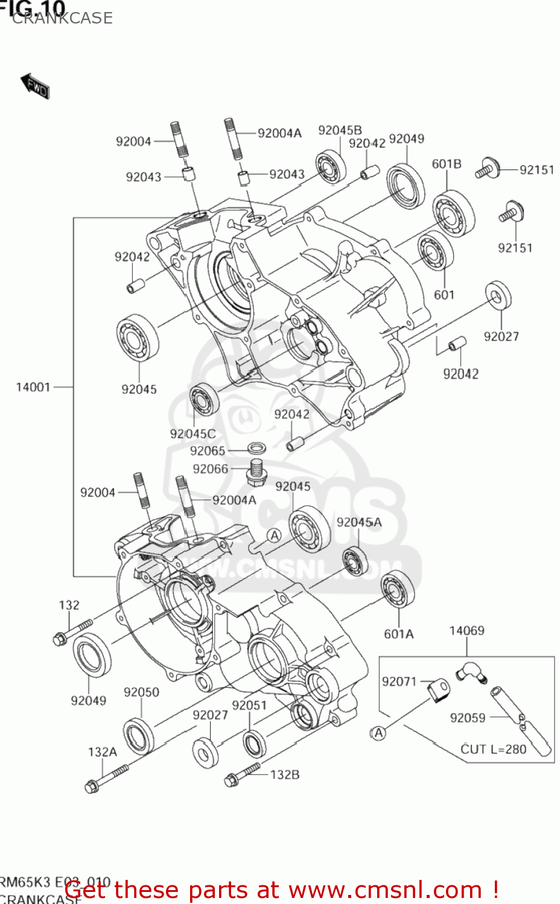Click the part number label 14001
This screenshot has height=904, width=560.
pyautogui.click(x=33, y=387)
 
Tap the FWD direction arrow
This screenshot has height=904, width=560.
pyautogui.click(x=35, y=86)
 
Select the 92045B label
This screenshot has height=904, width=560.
pyautogui.click(x=340, y=131)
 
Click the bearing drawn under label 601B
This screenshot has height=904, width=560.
pyautogui.click(x=453, y=213)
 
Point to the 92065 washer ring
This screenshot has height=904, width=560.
pyautogui.click(x=258, y=448)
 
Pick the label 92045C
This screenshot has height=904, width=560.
pyautogui.click(x=192, y=434)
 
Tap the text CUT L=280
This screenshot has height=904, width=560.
pyautogui.click(x=493, y=749)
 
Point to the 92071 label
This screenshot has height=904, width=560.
pyautogui.click(x=399, y=682)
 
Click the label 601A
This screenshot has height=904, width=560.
pyautogui.click(x=399, y=634)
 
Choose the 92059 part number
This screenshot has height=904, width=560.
pyautogui.click(x=468, y=718)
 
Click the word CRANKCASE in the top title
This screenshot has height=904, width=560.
pyautogui.click(x=62, y=18)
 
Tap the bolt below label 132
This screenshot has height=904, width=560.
pyautogui.click(x=72, y=630)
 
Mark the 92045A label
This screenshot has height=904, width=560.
pyautogui.click(x=359, y=523)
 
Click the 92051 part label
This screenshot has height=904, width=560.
pyautogui.click(x=249, y=705)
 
